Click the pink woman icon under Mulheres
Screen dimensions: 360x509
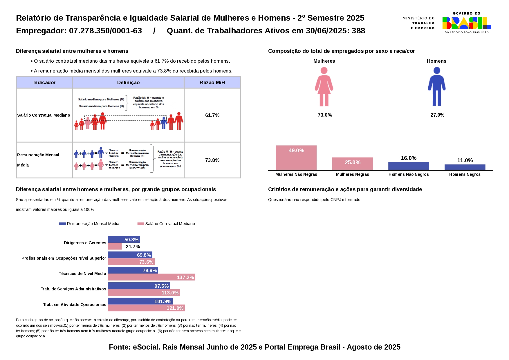pyautogui.click(x=324, y=87)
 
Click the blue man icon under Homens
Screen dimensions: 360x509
pyautogui.click(x=437, y=87)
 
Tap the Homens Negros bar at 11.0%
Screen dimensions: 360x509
pyautogui.click(x=465, y=167)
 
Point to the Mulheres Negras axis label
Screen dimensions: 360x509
pyautogui.click(x=352, y=174)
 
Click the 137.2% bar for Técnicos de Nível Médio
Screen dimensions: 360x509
pyautogui.click(x=151, y=277)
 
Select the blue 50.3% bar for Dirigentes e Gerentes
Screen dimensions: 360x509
pyautogui.click(x=124, y=240)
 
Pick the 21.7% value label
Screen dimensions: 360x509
pyautogui.click(x=133, y=247)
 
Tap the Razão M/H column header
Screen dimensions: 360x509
pyautogui.click(x=212, y=82)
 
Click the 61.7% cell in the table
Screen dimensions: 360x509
pyautogui.click(x=212, y=115)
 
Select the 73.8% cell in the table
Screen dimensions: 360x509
pyautogui.click(x=212, y=160)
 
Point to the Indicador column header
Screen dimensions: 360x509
pyautogui.click(x=44, y=82)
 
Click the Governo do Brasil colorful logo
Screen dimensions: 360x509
pyautogui.click(x=466, y=23)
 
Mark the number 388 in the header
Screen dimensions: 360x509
pyautogui.click(x=358, y=31)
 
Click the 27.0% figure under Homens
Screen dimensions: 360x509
pyautogui.click(x=437, y=115)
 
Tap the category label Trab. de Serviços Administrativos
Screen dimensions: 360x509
pyautogui.click(x=73, y=289)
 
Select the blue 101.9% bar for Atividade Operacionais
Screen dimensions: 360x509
pyautogui.click(x=140, y=301)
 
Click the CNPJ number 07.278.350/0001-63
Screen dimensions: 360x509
pyautogui.click(x=105, y=31)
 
